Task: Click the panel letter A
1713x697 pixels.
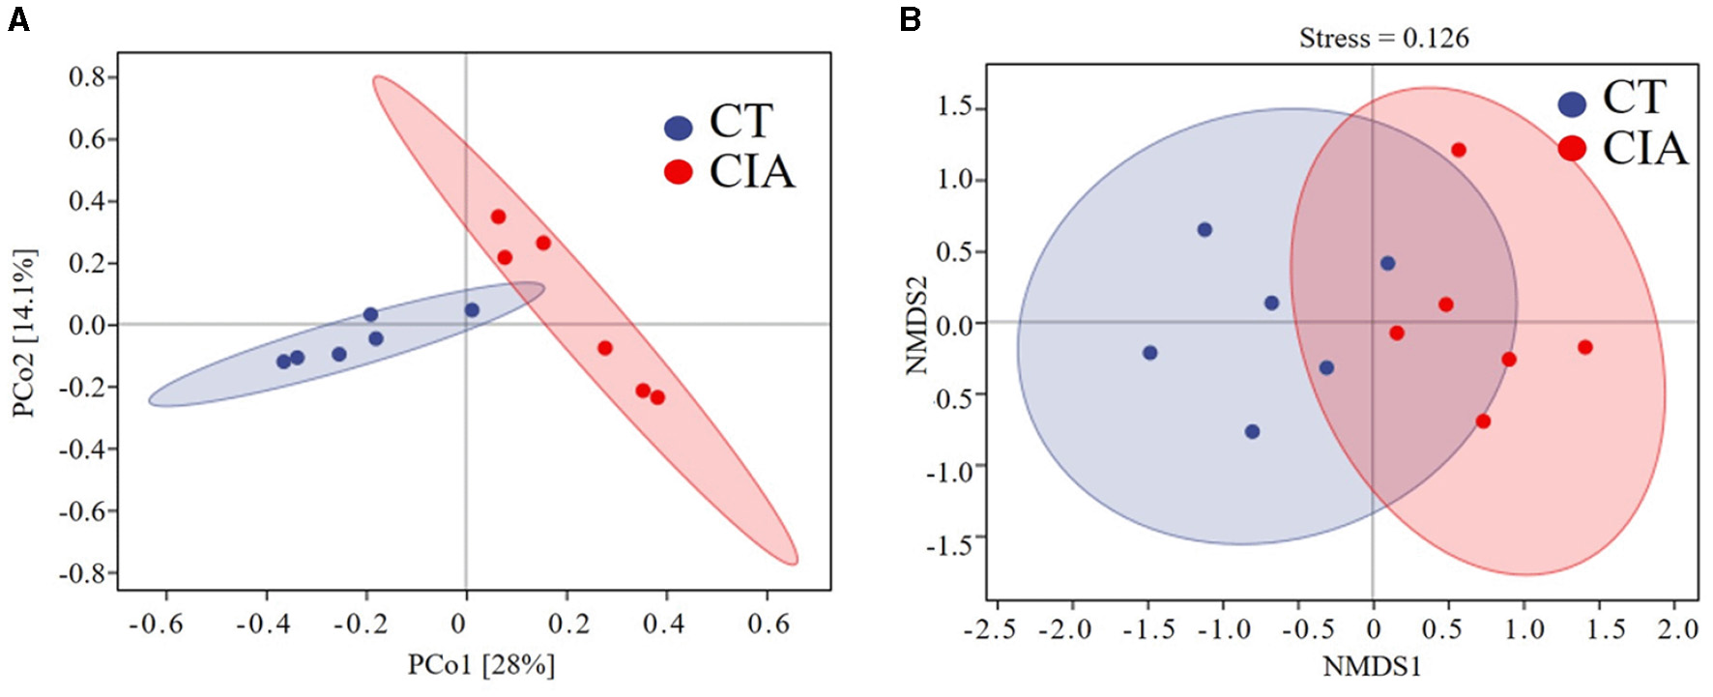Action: pos(17,18)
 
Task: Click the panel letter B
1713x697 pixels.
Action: pos(910,18)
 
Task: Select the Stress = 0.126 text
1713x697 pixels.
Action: pos(1383,39)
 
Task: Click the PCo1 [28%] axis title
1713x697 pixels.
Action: pos(480,665)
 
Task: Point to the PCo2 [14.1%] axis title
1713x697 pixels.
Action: pos(24,334)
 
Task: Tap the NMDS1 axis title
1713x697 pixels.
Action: pos(1371,666)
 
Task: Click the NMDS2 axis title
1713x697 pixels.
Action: pos(916,326)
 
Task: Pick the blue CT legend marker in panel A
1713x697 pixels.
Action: pos(679,128)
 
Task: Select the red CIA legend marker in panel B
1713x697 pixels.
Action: pos(1572,148)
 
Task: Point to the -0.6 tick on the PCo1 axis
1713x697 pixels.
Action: pos(156,624)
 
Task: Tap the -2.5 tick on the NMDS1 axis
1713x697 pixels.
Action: pos(990,629)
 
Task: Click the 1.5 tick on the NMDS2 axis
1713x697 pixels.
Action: pos(954,106)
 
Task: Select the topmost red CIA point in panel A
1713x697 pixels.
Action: pos(498,217)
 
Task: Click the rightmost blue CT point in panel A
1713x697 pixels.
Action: pos(472,310)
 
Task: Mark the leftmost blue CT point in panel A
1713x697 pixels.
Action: pos(283,362)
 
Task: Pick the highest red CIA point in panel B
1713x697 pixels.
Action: pos(1459,150)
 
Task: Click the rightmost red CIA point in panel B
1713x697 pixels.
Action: pos(1584,347)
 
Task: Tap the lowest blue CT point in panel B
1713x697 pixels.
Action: pos(1252,431)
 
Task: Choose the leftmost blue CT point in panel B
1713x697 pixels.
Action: pos(1149,353)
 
